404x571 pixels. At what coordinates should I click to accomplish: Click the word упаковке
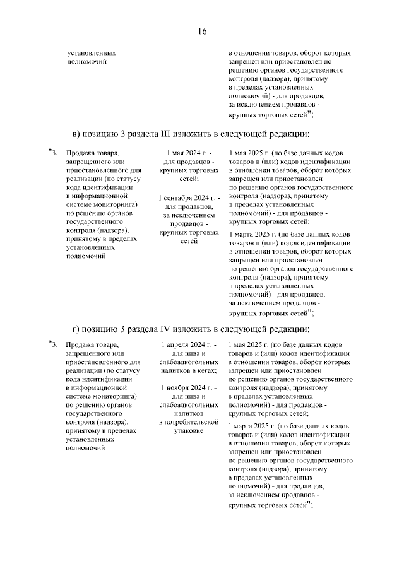[189, 430]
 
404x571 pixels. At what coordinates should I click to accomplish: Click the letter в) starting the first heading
[78, 134]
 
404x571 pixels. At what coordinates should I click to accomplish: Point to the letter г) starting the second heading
[77, 328]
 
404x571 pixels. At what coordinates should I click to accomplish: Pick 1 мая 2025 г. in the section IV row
[246, 345]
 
